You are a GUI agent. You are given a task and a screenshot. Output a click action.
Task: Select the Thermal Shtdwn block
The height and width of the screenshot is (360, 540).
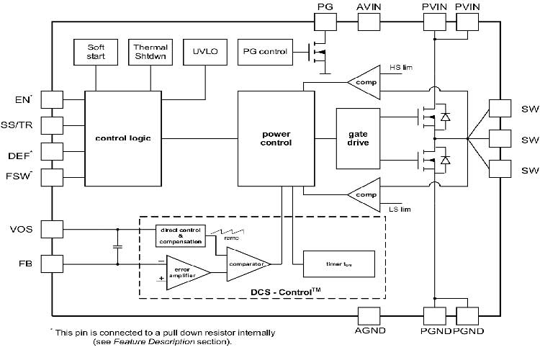point(150,51)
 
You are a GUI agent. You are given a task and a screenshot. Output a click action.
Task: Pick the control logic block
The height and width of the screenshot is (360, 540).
point(122,138)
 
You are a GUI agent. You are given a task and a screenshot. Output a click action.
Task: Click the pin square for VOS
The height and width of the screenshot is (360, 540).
point(52,230)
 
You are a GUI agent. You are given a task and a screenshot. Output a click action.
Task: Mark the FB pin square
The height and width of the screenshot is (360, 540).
point(52,264)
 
